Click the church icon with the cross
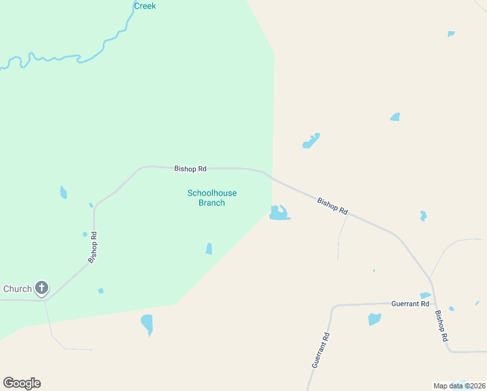pos(41,288)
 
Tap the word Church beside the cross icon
pos(17,289)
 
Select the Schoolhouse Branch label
pos(212,197)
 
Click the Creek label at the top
pos(145,6)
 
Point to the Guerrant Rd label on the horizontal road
pos(410,304)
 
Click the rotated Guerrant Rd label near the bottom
pos(320,351)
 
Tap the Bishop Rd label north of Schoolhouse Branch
pos(190,169)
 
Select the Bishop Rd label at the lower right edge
pos(441,325)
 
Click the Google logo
pos(21,383)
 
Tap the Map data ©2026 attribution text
pos(459,386)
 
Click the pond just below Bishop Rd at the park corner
pos(279,213)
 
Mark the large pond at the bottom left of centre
pos(147,323)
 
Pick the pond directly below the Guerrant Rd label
pos(374,319)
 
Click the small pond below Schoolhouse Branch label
pos(209,248)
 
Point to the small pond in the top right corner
pos(451,33)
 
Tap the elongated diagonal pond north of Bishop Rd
pos(311,141)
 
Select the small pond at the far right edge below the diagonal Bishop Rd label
pos(423,216)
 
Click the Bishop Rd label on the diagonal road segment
pos(333,207)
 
